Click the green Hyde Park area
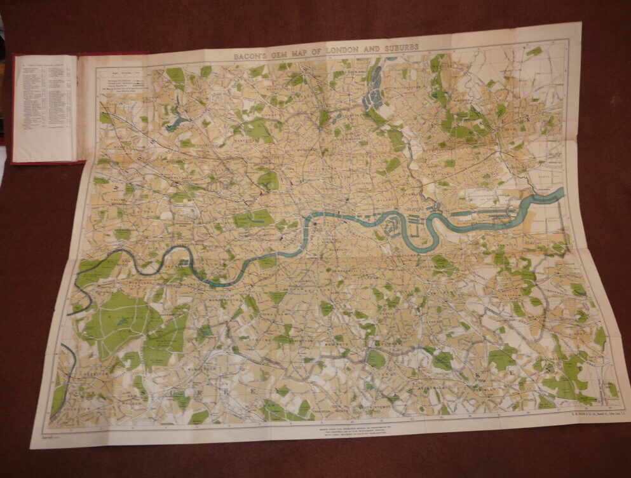(x=254, y=219)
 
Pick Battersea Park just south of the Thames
(x=268, y=261)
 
